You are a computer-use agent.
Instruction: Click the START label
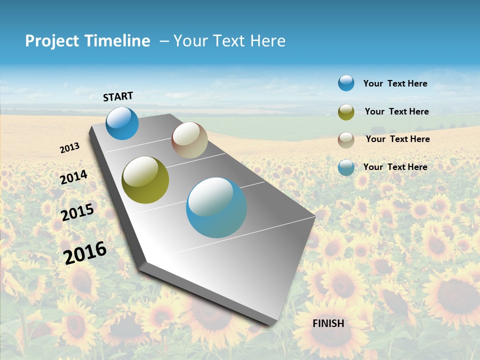(x=118, y=96)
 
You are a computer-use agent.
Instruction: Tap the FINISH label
(x=328, y=323)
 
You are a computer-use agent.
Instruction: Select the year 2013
(x=70, y=148)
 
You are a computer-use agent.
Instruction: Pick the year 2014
(x=74, y=177)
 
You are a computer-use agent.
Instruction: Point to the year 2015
(x=77, y=212)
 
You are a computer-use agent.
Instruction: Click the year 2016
(x=85, y=252)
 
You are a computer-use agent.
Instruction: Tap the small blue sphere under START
(x=122, y=123)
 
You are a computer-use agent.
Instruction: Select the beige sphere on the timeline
(x=189, y=140)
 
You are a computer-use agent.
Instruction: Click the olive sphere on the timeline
(x=145, y=180)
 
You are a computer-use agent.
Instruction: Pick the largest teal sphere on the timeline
(x=216, y=207)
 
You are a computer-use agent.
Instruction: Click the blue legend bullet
(x=346, y=83)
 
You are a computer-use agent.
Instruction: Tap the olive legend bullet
(x=346, y=112)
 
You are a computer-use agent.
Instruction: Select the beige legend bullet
(x=346, y=140)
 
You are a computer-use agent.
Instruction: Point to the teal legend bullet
(x=346, y=167)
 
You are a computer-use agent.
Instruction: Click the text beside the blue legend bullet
(x=395, y=84)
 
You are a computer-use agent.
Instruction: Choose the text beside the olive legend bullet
(x=396, y=111)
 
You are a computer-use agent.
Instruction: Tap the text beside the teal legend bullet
(x=395, y=167)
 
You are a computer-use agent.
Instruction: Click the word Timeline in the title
(x=118, y=41)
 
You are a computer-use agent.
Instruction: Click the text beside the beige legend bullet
(x=397, y=139)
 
